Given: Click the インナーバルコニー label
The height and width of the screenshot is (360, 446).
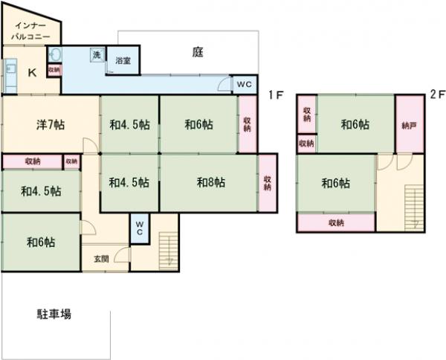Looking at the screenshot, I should click(x=30, y=30).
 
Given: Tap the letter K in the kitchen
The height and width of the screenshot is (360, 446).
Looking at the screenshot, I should click(x=33, y=72).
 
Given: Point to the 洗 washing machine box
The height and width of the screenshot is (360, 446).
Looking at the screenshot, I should click(x=97, y=54).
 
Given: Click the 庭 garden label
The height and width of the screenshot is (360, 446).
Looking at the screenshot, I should click(x=198, y=52).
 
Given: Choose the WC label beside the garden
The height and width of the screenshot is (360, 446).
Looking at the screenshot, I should click(x=245, y=85).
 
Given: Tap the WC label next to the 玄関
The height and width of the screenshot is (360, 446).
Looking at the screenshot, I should click(x=140, y=227).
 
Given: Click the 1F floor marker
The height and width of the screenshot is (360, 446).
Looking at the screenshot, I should click(x=275, y=94).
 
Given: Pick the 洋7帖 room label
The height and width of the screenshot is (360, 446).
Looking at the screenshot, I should click(x=51, y=125).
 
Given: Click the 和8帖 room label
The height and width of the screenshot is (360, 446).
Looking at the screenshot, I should click(x=211, y=181).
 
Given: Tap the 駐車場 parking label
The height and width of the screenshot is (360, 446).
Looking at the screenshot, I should click(x=54, y=314).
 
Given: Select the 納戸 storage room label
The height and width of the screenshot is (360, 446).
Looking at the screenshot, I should click(x=408, y=125).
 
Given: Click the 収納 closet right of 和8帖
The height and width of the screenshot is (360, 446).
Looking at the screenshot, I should click(x=267, y=182).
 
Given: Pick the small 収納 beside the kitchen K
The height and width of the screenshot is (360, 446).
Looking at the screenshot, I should click(x=54, y=70).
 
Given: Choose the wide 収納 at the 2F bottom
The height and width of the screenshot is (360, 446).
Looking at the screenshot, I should click(x=335, y=222).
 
